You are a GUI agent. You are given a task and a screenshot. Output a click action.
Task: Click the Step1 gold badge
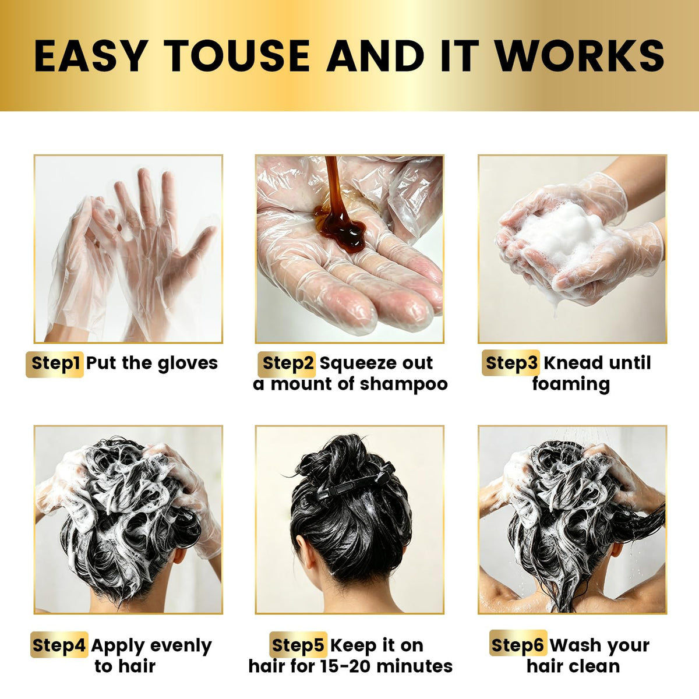55,364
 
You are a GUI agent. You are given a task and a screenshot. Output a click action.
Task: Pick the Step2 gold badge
287,364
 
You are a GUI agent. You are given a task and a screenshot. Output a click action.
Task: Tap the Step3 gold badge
511,363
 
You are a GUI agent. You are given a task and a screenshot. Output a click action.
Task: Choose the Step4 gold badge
59,645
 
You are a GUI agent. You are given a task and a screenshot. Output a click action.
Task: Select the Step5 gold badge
298,645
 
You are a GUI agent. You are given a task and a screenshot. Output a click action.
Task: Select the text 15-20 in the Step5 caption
345,666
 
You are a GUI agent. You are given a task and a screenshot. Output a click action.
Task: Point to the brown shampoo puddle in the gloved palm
340,226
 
